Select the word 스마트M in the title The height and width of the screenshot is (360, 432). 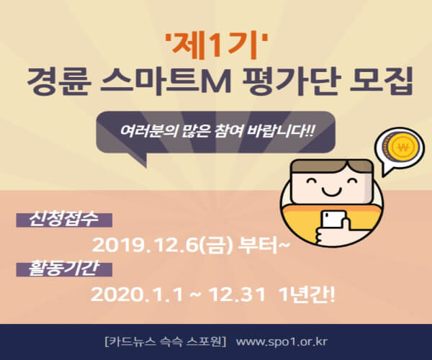166,81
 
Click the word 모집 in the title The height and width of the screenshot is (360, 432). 381,81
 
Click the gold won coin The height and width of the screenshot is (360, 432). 404,148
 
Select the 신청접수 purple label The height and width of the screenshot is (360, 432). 64,220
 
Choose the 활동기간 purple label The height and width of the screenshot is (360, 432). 64,269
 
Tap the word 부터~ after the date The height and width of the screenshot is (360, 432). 264,244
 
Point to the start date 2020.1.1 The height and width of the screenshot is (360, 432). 137,294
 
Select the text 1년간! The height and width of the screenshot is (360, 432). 307,294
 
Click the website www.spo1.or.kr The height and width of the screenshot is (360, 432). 282,342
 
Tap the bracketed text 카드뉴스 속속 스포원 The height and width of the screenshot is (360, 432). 166,342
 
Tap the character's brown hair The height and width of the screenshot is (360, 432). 333,167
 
